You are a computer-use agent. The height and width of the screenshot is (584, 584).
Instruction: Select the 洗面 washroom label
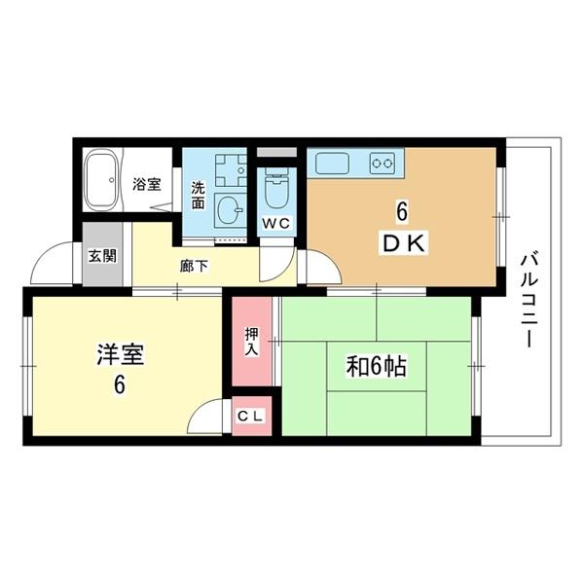(198, 195)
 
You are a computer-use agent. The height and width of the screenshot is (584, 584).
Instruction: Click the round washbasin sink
(231, 207)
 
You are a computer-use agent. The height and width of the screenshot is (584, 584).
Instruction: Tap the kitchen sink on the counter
(328, 164)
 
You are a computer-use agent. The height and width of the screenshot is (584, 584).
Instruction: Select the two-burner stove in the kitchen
(383, 164)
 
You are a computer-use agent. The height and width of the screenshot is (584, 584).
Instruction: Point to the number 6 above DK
(399, 211)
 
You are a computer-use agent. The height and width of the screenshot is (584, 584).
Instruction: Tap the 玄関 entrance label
(101, 256)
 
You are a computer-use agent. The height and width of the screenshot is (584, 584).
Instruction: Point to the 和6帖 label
(377, 367)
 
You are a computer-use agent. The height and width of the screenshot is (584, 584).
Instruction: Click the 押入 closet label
(250, 341)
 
